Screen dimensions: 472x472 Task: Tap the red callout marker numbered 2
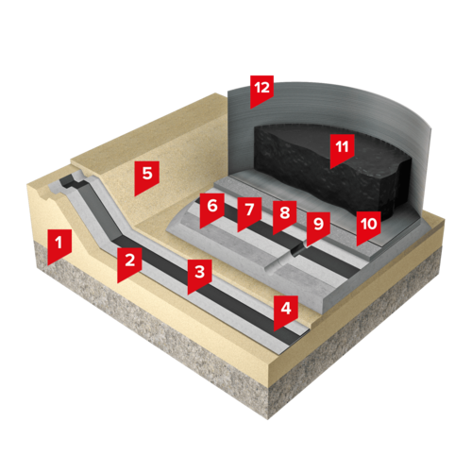coord(129,261)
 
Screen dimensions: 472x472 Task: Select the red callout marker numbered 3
coord(199,274)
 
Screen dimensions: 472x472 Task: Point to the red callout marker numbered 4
coord(286,310)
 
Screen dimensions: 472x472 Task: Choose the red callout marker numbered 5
coord(146,176)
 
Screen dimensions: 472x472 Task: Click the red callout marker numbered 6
coord(212,208)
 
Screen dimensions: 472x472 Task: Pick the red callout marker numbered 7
coord(249,211)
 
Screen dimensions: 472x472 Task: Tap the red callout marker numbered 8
coord(284,214)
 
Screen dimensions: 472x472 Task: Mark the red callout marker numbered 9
coord(318,226)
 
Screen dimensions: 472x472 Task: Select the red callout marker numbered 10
coord(368,226)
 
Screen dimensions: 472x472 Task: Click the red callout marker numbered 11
coord(343,148)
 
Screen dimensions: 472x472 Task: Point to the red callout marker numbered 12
coord(262,90)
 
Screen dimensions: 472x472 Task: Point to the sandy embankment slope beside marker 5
coord(177,177)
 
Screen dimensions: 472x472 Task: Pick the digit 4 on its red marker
coord(286,308)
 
